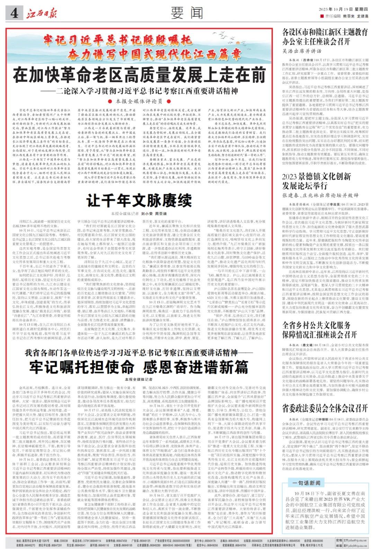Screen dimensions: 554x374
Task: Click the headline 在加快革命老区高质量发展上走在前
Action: click(x=139, y=75)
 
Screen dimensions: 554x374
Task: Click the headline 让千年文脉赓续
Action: click(x=139, y=200)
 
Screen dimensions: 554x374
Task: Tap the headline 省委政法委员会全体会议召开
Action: click(x=324, y=408)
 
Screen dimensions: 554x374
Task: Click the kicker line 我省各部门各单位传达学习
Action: click(x=139, y=353)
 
